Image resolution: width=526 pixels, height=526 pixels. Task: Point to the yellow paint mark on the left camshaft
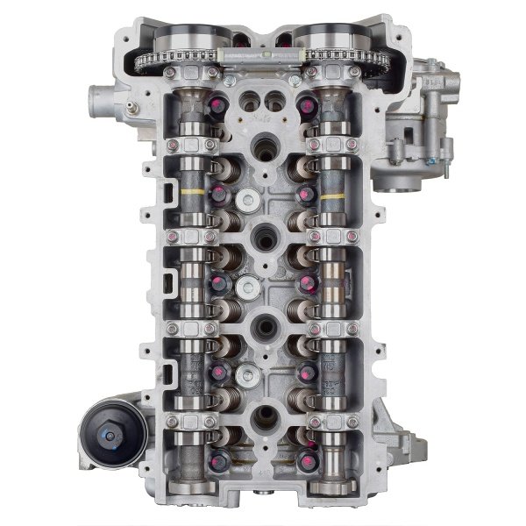pyautogui.click(x=193, y=190)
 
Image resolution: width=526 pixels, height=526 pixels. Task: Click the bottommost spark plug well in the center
pyautogui.click(x=263, y=417)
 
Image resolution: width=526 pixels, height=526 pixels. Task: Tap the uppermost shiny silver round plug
pyautogui.click(x=250, y=201)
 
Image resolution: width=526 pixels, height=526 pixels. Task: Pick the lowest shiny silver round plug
pyautogui.click(x=249, y=375)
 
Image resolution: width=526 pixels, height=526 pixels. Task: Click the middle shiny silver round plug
pyautogui.click(x=249, y=286)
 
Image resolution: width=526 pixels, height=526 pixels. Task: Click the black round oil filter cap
pyautogui.click(x=111, y=432)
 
